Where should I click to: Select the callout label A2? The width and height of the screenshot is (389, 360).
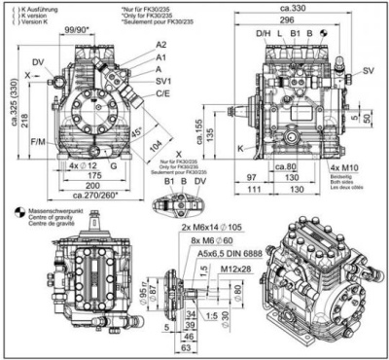tap(160, 46)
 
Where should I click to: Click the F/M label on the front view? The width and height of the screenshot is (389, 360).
tap(37, 143)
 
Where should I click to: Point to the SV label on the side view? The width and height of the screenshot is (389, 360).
tap(370, 72)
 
